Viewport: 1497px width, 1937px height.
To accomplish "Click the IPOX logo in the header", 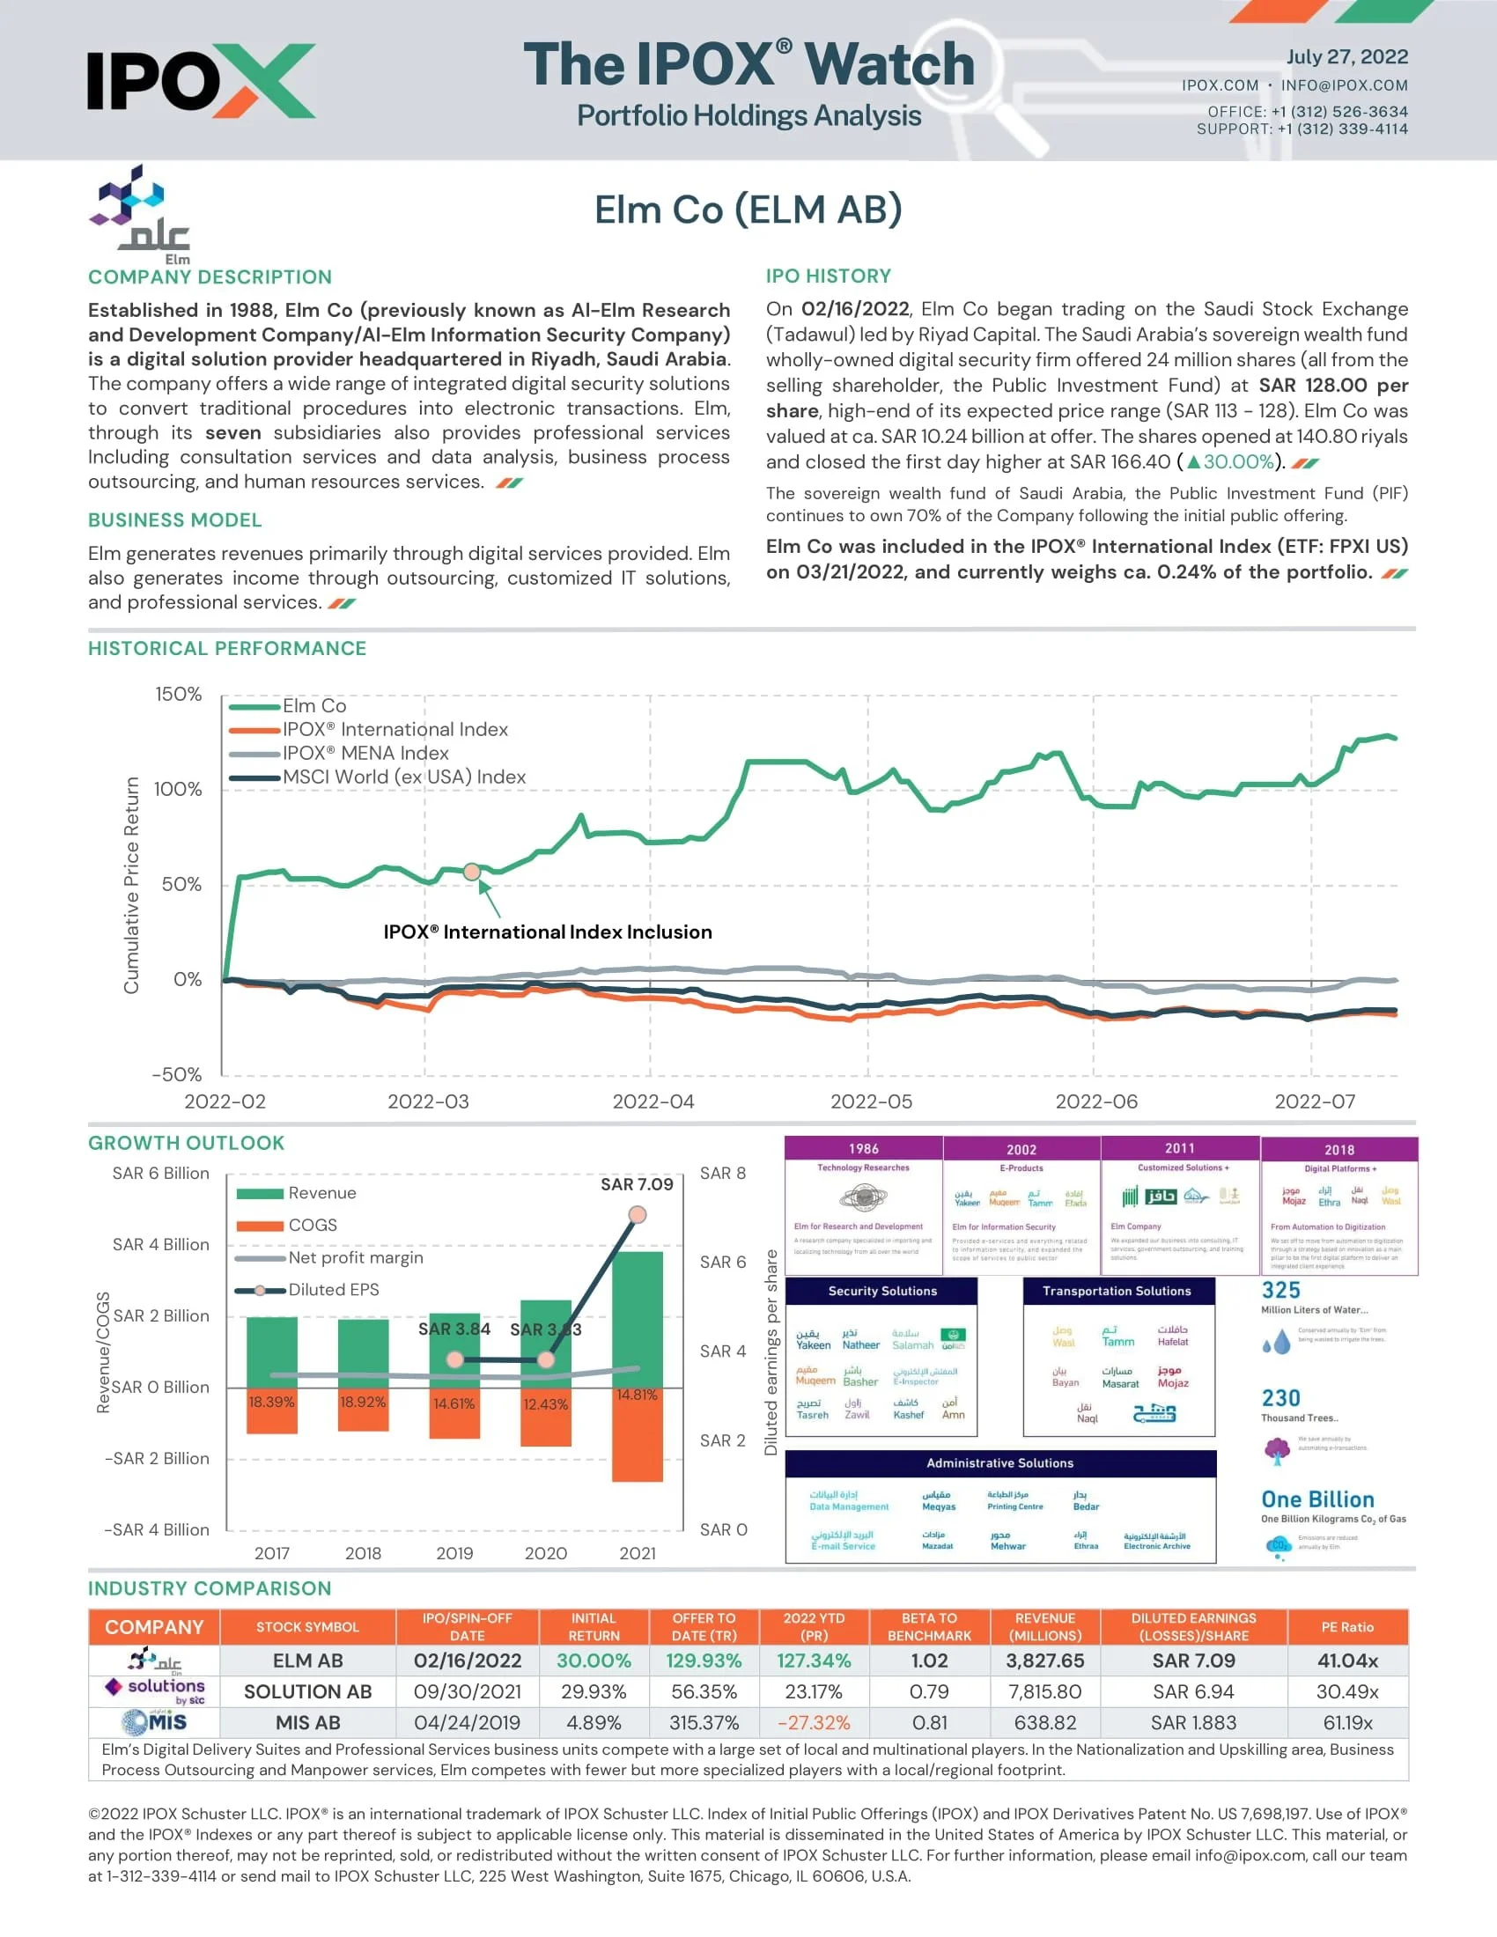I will click(x=201, y=81).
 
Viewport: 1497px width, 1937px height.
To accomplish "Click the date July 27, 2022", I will click(x=1346, y=56).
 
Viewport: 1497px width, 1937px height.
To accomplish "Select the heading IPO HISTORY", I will click(x=829, y=276).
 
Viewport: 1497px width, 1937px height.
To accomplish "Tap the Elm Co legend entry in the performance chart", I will click(x=314, y=706).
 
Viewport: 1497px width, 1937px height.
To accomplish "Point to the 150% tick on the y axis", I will click(x=178, y=694).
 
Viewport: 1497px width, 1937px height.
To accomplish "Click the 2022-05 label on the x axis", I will click(x=870, y=1101).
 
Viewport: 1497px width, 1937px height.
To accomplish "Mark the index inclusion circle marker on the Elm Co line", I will click(x=472, y=872).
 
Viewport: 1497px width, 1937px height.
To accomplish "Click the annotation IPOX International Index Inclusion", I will click(x=547, y=932).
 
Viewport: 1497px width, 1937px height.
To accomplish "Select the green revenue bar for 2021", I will click(x=637, y=1319).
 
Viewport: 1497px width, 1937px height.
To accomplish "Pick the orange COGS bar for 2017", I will click(x=271, y=1410).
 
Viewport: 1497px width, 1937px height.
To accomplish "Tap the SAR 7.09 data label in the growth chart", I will click(x=637, y=1184).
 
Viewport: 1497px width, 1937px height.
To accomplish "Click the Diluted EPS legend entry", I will click(x=333, y=1290).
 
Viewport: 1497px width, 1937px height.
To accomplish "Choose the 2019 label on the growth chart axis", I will click(x=454, y=1553).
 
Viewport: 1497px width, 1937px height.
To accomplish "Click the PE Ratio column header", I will click(x=1346, y=1626).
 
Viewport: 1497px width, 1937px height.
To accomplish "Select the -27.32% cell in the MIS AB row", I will click(x=814, y=1722).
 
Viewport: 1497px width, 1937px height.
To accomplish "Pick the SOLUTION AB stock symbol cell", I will click(x=306, y=1691).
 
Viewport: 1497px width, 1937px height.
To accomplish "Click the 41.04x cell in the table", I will click(x=1346, y=1661).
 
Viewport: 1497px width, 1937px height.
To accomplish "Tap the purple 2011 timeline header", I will click(x=1179, y=1148).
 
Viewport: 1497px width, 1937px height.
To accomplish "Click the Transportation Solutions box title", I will click(x=1117, y=1291).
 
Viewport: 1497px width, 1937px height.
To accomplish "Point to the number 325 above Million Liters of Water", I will click(x=1280, y=1291).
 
